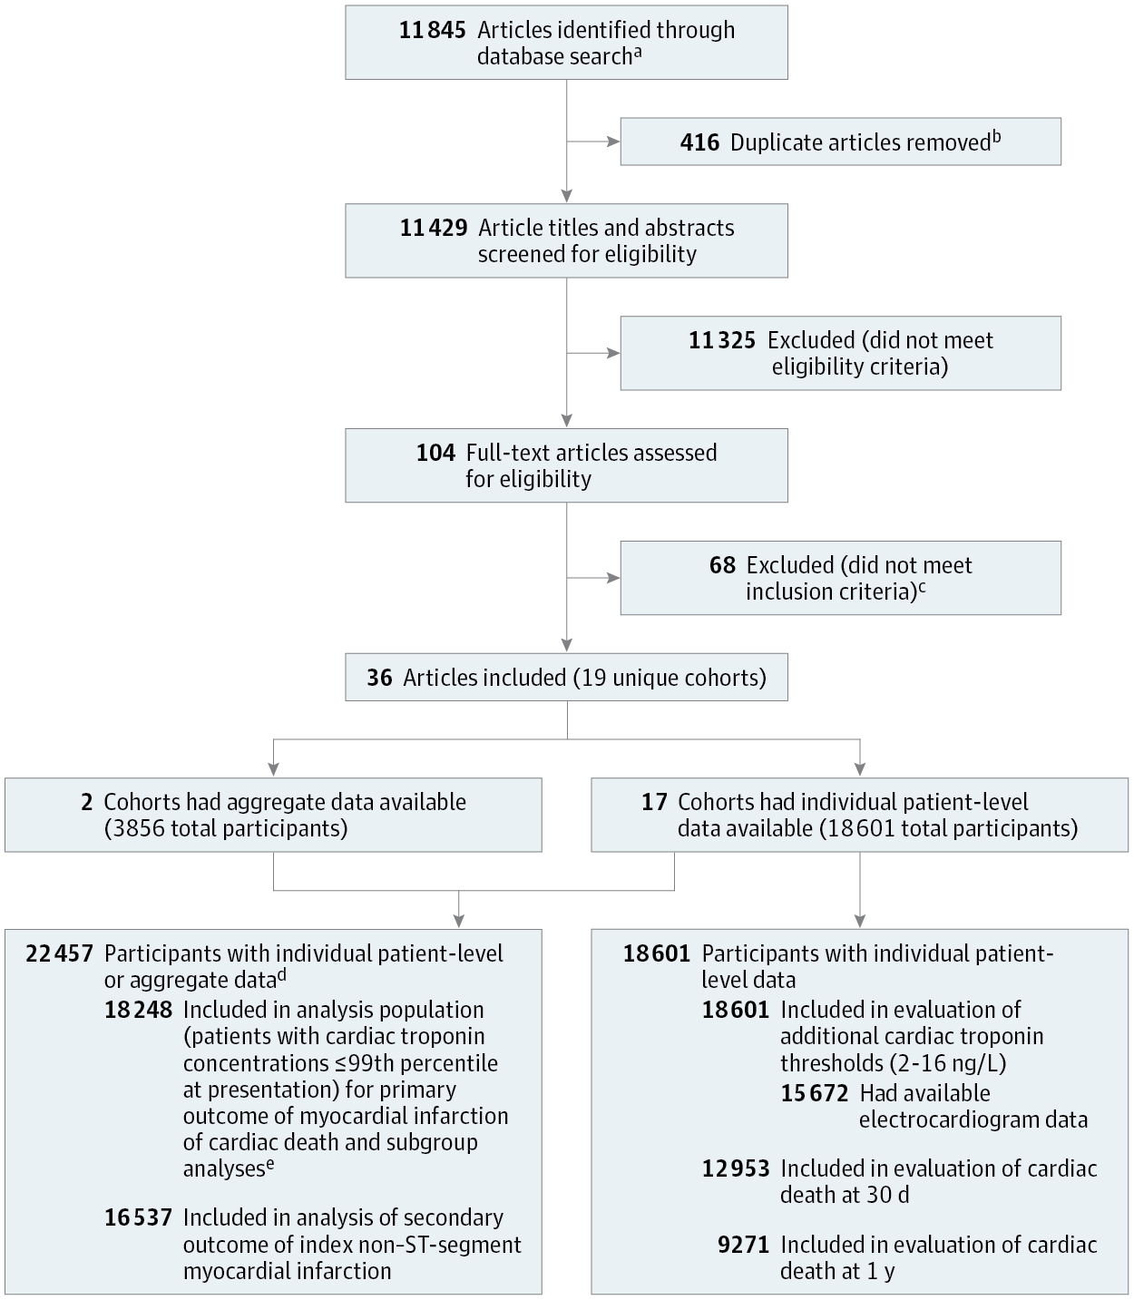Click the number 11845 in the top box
click(433, 30)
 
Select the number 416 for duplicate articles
click(699, 142)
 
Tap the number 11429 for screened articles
click(434, 228)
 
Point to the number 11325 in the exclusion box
click(721, 340)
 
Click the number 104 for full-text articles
click(435, 453)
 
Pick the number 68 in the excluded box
click(722, 565)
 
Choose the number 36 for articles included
click(379, 678)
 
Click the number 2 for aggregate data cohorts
click(86, 802)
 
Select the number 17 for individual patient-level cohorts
click(654, 802)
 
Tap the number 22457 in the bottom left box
click(60, 953)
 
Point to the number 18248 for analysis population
click(138, 1010)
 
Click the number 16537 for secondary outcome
click(138, 1217)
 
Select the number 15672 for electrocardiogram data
click(815, 1093)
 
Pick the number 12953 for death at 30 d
click(736, 1168)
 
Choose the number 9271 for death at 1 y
click(743, 1245)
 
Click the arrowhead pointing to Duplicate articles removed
click(614, 142)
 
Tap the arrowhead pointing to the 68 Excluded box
click(614, 578)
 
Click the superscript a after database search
click(638, 52)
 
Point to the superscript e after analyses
click(269, 1164)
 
